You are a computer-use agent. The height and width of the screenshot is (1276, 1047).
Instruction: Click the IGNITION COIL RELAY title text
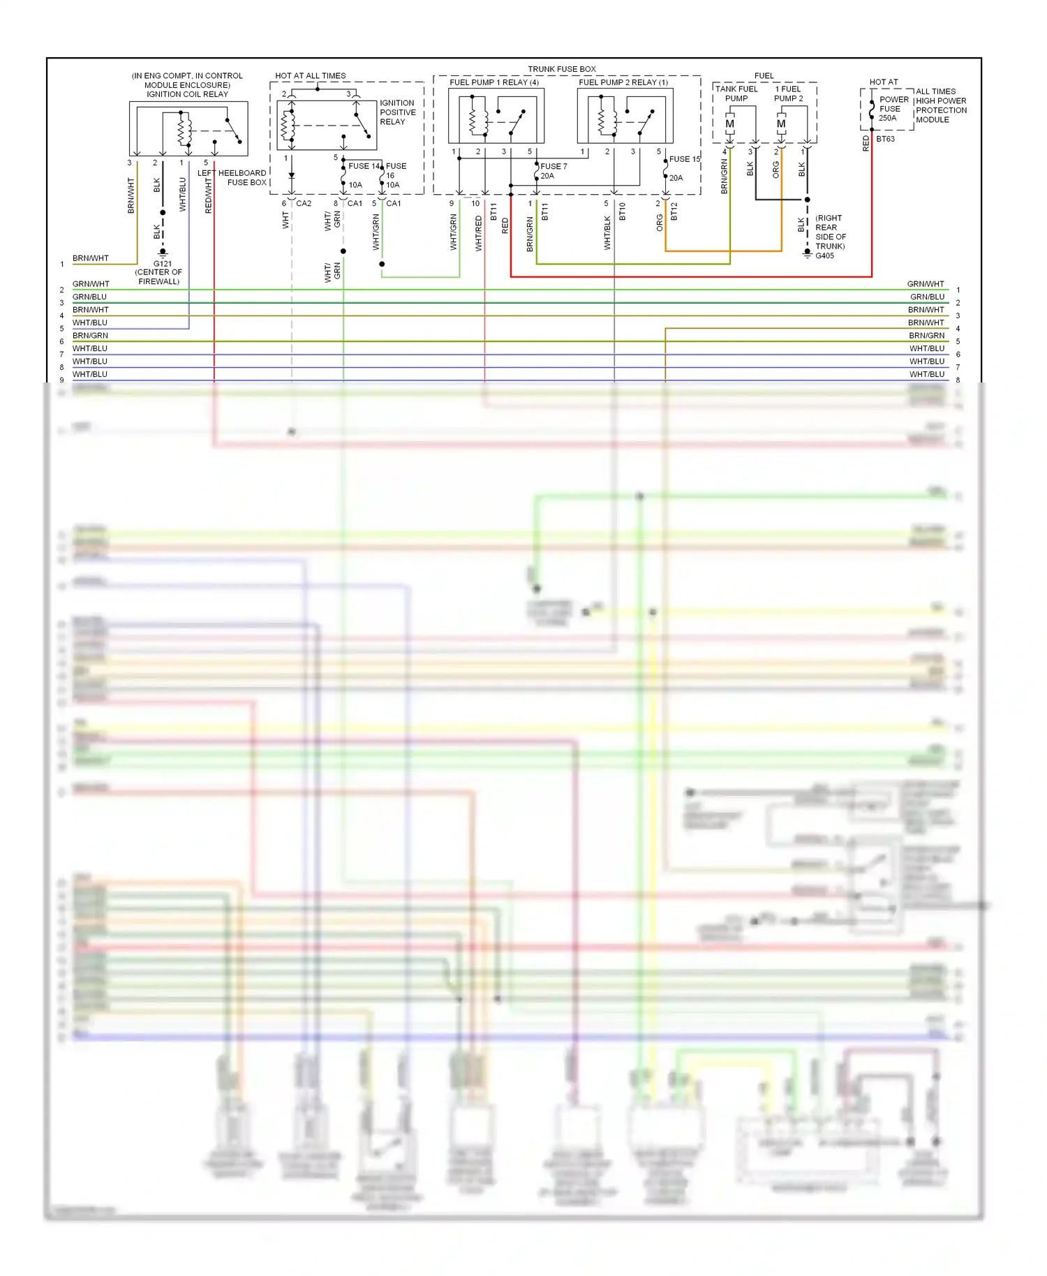point(187,94)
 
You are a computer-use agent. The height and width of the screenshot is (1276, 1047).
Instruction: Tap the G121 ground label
point(163,264)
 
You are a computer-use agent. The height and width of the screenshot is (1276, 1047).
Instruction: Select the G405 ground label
point(824,255)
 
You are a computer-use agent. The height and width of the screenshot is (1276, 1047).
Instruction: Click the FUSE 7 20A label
point(553,171)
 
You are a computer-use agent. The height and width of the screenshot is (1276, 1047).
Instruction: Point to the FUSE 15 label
point(684,159)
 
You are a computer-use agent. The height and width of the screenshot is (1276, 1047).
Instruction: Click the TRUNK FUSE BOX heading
point(561,69)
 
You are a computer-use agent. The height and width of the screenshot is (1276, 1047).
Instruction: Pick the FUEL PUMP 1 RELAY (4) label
point(494,82)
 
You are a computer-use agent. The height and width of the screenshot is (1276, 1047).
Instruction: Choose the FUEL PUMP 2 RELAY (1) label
point(623,82)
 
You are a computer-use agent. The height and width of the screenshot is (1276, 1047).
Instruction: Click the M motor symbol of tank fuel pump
point(729,124)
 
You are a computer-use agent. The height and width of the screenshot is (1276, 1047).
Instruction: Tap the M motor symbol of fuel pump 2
point(781,124)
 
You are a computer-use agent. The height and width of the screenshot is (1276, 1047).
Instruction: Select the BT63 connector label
point(885,139)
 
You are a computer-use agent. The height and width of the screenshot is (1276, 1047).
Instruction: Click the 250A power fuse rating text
point(887,118)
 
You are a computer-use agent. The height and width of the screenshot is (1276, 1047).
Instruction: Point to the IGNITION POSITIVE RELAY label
point(397,112)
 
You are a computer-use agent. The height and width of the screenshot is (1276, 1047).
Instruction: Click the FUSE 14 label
point(364,166)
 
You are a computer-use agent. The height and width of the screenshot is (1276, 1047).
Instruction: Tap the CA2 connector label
point(304,204)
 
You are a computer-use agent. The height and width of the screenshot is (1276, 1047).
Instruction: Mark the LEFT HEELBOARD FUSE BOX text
point(232,177)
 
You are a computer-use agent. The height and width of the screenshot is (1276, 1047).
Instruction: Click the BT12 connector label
point(674,212)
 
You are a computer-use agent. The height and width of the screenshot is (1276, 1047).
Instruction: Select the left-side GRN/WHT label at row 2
point(91,284)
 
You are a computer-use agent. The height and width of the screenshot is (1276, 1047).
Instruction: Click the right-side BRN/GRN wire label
point(926,336)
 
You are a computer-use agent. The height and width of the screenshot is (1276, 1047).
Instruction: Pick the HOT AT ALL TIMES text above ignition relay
point(310,76)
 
